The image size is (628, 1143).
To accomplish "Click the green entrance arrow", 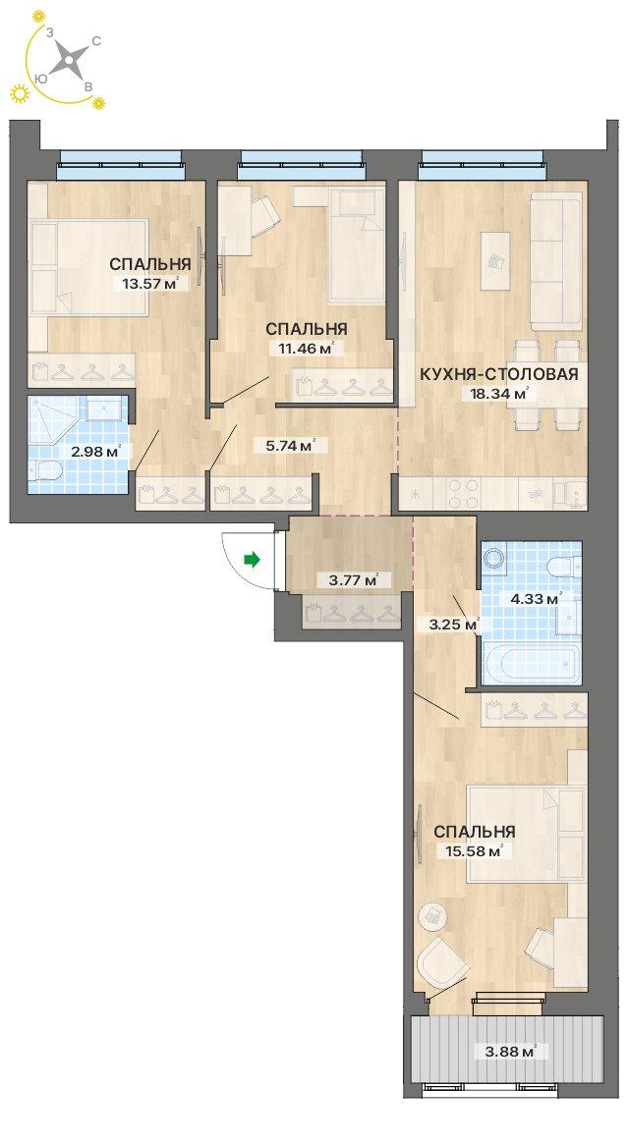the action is pos(252,560).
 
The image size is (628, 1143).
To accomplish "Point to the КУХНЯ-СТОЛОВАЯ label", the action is pos(499,375).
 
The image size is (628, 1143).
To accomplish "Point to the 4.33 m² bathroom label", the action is pos(535,599).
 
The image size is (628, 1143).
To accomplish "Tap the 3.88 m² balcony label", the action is pos(511,1051).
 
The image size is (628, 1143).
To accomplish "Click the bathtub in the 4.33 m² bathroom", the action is pos(532,664).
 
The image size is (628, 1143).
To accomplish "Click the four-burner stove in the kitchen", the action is pos(463,493).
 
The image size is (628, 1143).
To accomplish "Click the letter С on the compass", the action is pos(96,42).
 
